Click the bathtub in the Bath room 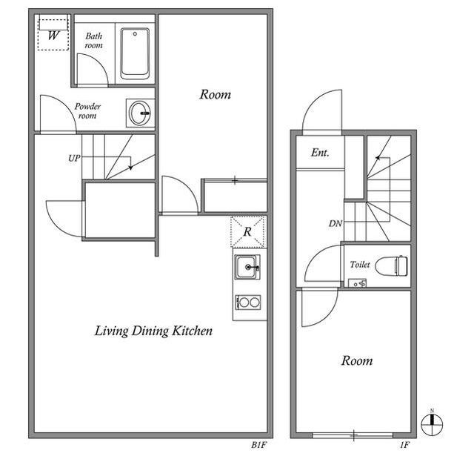pyautogui.click(x=135, y=53)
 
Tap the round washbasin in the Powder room pyautogui.click(x=140, y=113)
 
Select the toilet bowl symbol pyautogui.click(x=392, y=265)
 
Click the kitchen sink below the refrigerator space pyautogui.click(x=247, y=267)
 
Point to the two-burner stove pyautogui.click(x=248, y=302)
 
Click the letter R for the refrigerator pyautogui.click(x=247, y=232)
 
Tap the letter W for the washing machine pyautogui.click(x=53, y=36)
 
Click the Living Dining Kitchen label pyautogui.click(x=153, y=331)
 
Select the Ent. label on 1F pyautogui.click(x=320, y=153)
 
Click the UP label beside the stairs pyautogui.click(x=74, y=158)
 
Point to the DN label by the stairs pyautogui.click(x=336, y=224)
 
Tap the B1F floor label pyautogui.click(x=259, y=445)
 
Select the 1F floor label pyautogui.click(x=405, y=445)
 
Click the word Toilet pyautogui.click(x=360, y=265)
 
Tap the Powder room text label pyautogui.click(x=87, y=110)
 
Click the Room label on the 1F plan pyautogui.click(x=357, y=360)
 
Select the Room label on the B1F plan pyautogui.click(x=216, y=94)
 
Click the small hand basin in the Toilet pyautogui.click(x=357, y=283)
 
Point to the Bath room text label pyautogui.click(x=94, y=41)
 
